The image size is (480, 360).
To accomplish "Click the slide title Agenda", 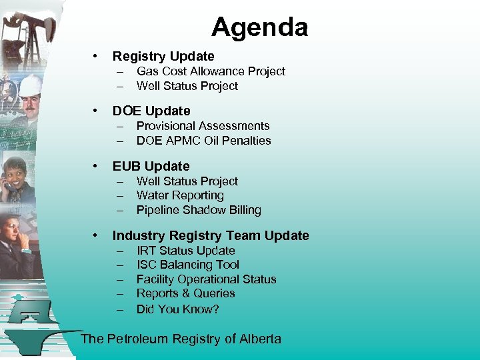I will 259,27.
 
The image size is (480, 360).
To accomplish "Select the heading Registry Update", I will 163,56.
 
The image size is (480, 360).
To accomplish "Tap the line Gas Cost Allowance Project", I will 211,71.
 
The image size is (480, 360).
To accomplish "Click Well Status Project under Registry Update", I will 187,86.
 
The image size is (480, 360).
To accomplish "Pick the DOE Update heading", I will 151,111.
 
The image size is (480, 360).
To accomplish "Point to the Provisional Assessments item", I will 203,126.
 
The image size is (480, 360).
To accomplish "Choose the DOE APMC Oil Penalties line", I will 203,141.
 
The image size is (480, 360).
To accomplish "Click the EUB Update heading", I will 151,166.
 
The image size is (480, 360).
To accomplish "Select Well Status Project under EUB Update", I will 187,181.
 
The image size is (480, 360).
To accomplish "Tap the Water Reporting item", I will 180,195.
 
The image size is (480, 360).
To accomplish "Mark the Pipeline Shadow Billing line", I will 199,210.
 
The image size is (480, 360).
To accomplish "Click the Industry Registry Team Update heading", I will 211,235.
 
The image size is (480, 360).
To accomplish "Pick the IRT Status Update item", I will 185,251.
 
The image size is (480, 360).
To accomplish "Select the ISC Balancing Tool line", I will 187,265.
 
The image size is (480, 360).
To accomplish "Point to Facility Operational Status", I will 206,279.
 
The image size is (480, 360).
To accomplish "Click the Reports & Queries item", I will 185,293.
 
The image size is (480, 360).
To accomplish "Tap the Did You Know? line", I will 177,309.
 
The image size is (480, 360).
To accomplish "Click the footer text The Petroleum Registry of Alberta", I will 181,339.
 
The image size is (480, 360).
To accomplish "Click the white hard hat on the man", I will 31,84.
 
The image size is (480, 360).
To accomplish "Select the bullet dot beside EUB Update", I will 97,166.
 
